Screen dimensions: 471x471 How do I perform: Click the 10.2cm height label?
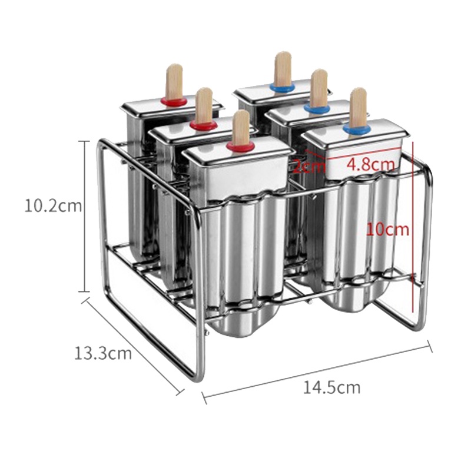[x=53, y=207]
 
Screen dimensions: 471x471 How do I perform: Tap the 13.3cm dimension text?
[x=102, y=353]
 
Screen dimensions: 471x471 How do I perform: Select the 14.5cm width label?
[x=331, y=387]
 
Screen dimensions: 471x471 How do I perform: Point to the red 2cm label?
[x=309, y=166]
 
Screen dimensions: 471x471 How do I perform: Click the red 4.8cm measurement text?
[x=370, y=165]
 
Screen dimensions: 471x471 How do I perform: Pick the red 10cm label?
[x=387, y=230]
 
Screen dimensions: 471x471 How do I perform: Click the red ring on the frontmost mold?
[x=241, y=147]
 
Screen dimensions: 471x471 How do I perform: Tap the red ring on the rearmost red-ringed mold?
[x=174, y=101]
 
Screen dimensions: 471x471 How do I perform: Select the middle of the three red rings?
[x=204, y=125]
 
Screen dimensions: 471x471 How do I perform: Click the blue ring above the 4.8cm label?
[x=357, y=129]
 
